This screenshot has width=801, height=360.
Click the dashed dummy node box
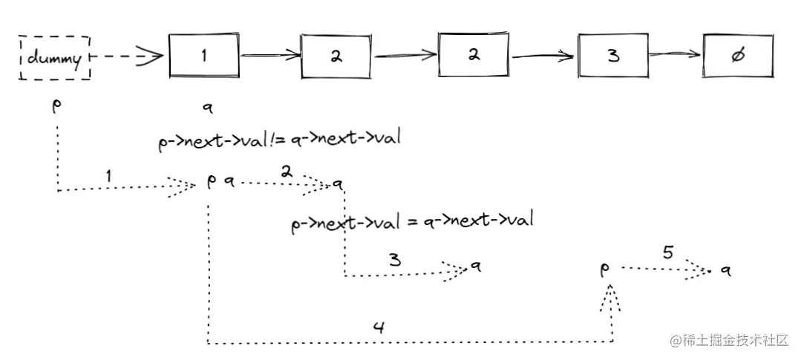coord(54,57)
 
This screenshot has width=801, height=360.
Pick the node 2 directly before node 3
coord(474,56)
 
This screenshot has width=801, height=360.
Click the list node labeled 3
coord(613,56)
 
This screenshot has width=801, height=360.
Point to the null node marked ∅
coord(737,56)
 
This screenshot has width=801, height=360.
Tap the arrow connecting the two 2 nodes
coord(405,54)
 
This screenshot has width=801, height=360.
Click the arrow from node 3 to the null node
coord(676,54)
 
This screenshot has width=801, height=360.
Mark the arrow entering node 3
coord(545,56)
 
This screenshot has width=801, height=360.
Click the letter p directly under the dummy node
coord(56,105)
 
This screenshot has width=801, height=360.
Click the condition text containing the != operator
coord(279,140)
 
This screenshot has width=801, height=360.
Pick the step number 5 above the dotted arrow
coord(667,252)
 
